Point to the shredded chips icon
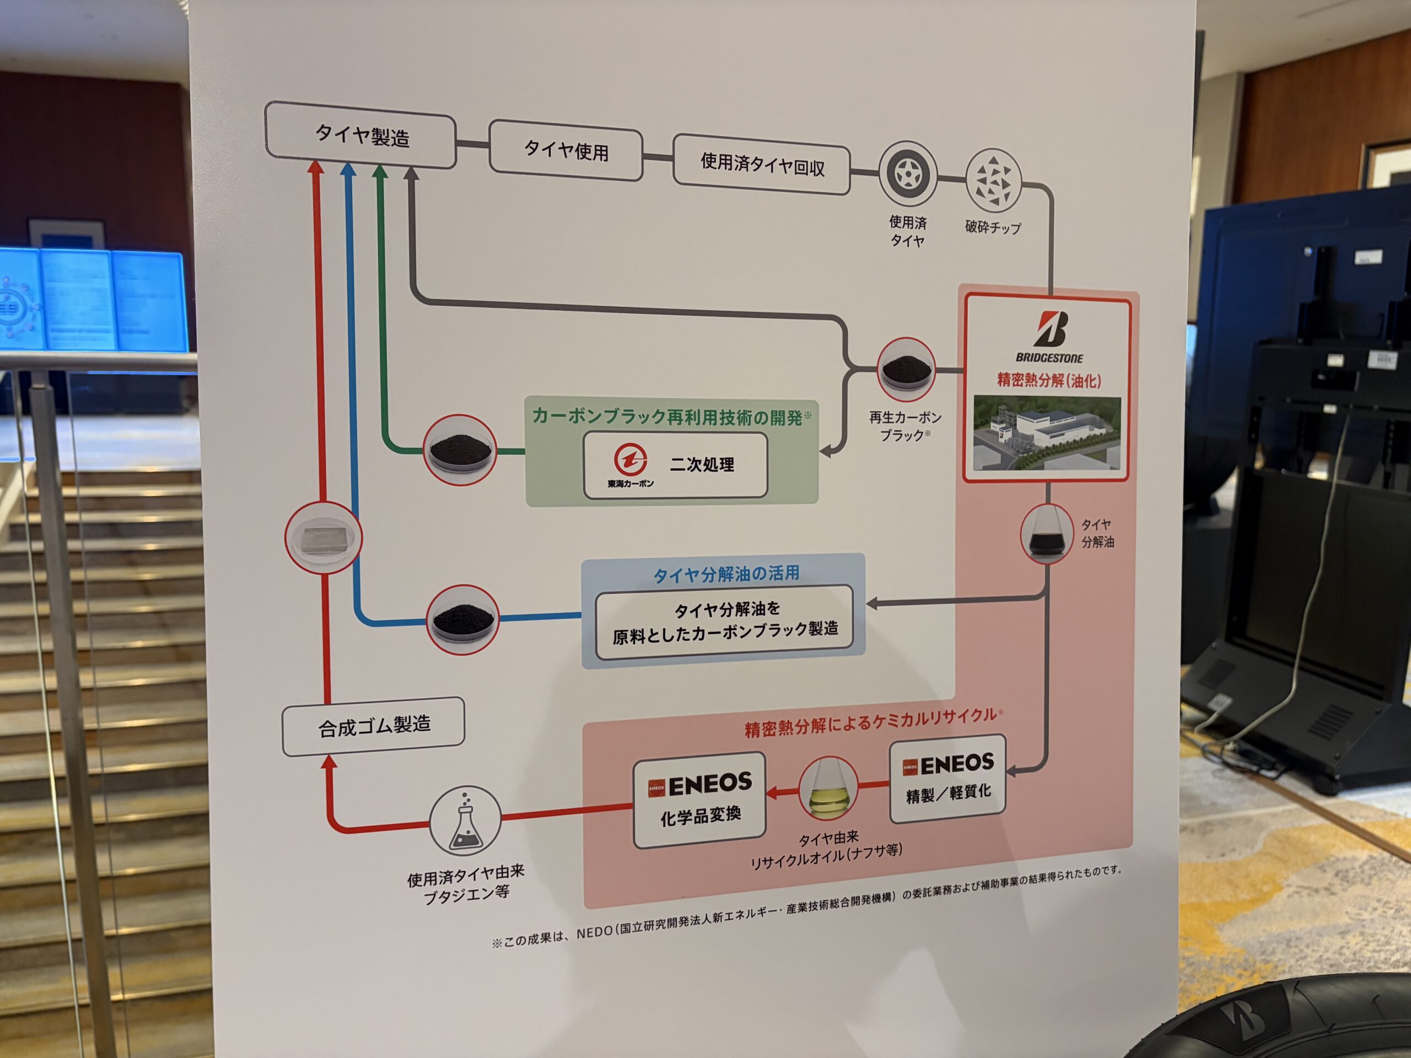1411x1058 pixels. point(993,181)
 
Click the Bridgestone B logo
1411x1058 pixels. point(1050,329)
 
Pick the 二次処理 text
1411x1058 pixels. point(702,465)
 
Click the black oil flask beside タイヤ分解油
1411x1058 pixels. point(1047,534)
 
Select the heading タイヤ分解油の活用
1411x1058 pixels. point(726,573)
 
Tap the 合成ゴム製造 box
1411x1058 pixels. point(374,726)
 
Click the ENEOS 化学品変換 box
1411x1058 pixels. point(700,800)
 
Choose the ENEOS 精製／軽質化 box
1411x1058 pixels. point(948,778)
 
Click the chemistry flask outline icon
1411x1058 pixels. point(465,821)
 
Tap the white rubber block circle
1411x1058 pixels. point(324,538)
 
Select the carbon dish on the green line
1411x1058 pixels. point(460,450)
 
